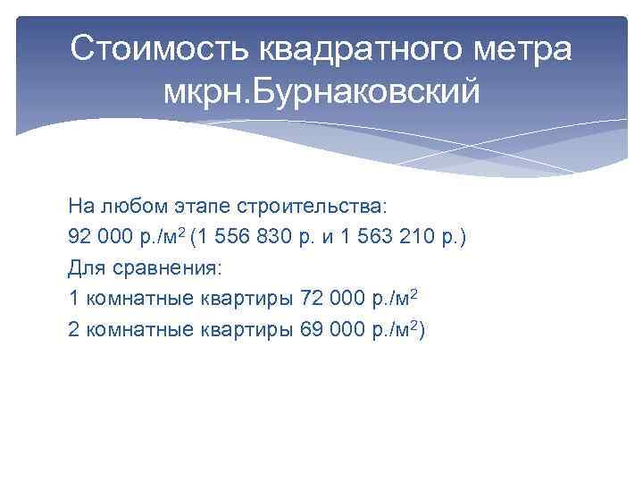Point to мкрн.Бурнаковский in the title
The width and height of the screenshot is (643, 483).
[x=321, y=90]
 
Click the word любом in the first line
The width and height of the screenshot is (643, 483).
[x=131, y=207]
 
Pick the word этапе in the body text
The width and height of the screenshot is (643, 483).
[x=198, y=207]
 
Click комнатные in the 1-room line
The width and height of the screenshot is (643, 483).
[x=133, y=298]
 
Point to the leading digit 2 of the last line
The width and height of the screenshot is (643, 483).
[x=73, y=328]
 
